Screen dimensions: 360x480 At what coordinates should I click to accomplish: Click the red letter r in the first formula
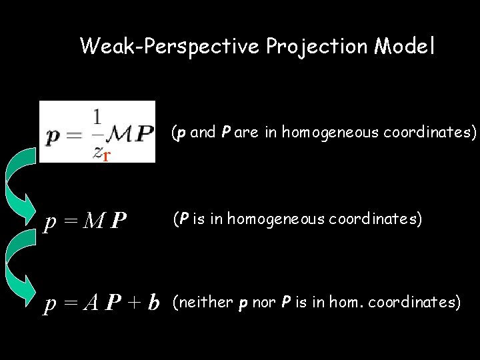(x=106, y=156)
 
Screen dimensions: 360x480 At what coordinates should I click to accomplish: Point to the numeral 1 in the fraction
(x=98, y=117)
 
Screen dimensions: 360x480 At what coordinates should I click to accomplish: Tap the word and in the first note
(x=203, y=133)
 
